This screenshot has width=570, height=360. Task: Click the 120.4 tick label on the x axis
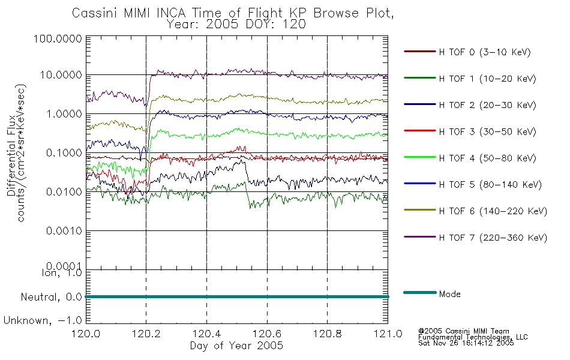click(206, 334)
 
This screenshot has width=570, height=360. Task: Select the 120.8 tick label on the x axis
click(327, 334)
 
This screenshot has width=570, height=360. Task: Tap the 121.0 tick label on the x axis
click(388, 334)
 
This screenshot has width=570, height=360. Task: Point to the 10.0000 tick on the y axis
click(61, 75)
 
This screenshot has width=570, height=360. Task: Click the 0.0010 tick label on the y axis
click(64, 231)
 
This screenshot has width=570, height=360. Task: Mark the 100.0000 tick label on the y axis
click(58, 38)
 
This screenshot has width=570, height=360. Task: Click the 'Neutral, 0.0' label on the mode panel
click(51, 298)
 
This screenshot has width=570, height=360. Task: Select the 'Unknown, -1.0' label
click(43, 321)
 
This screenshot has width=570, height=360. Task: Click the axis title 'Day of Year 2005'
click(236, 346)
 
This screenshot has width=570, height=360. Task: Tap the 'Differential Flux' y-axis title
click(11, 155)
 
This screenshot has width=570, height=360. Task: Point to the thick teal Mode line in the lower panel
click(237, 297)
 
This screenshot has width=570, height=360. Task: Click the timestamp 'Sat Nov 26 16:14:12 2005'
click(466, 343)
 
